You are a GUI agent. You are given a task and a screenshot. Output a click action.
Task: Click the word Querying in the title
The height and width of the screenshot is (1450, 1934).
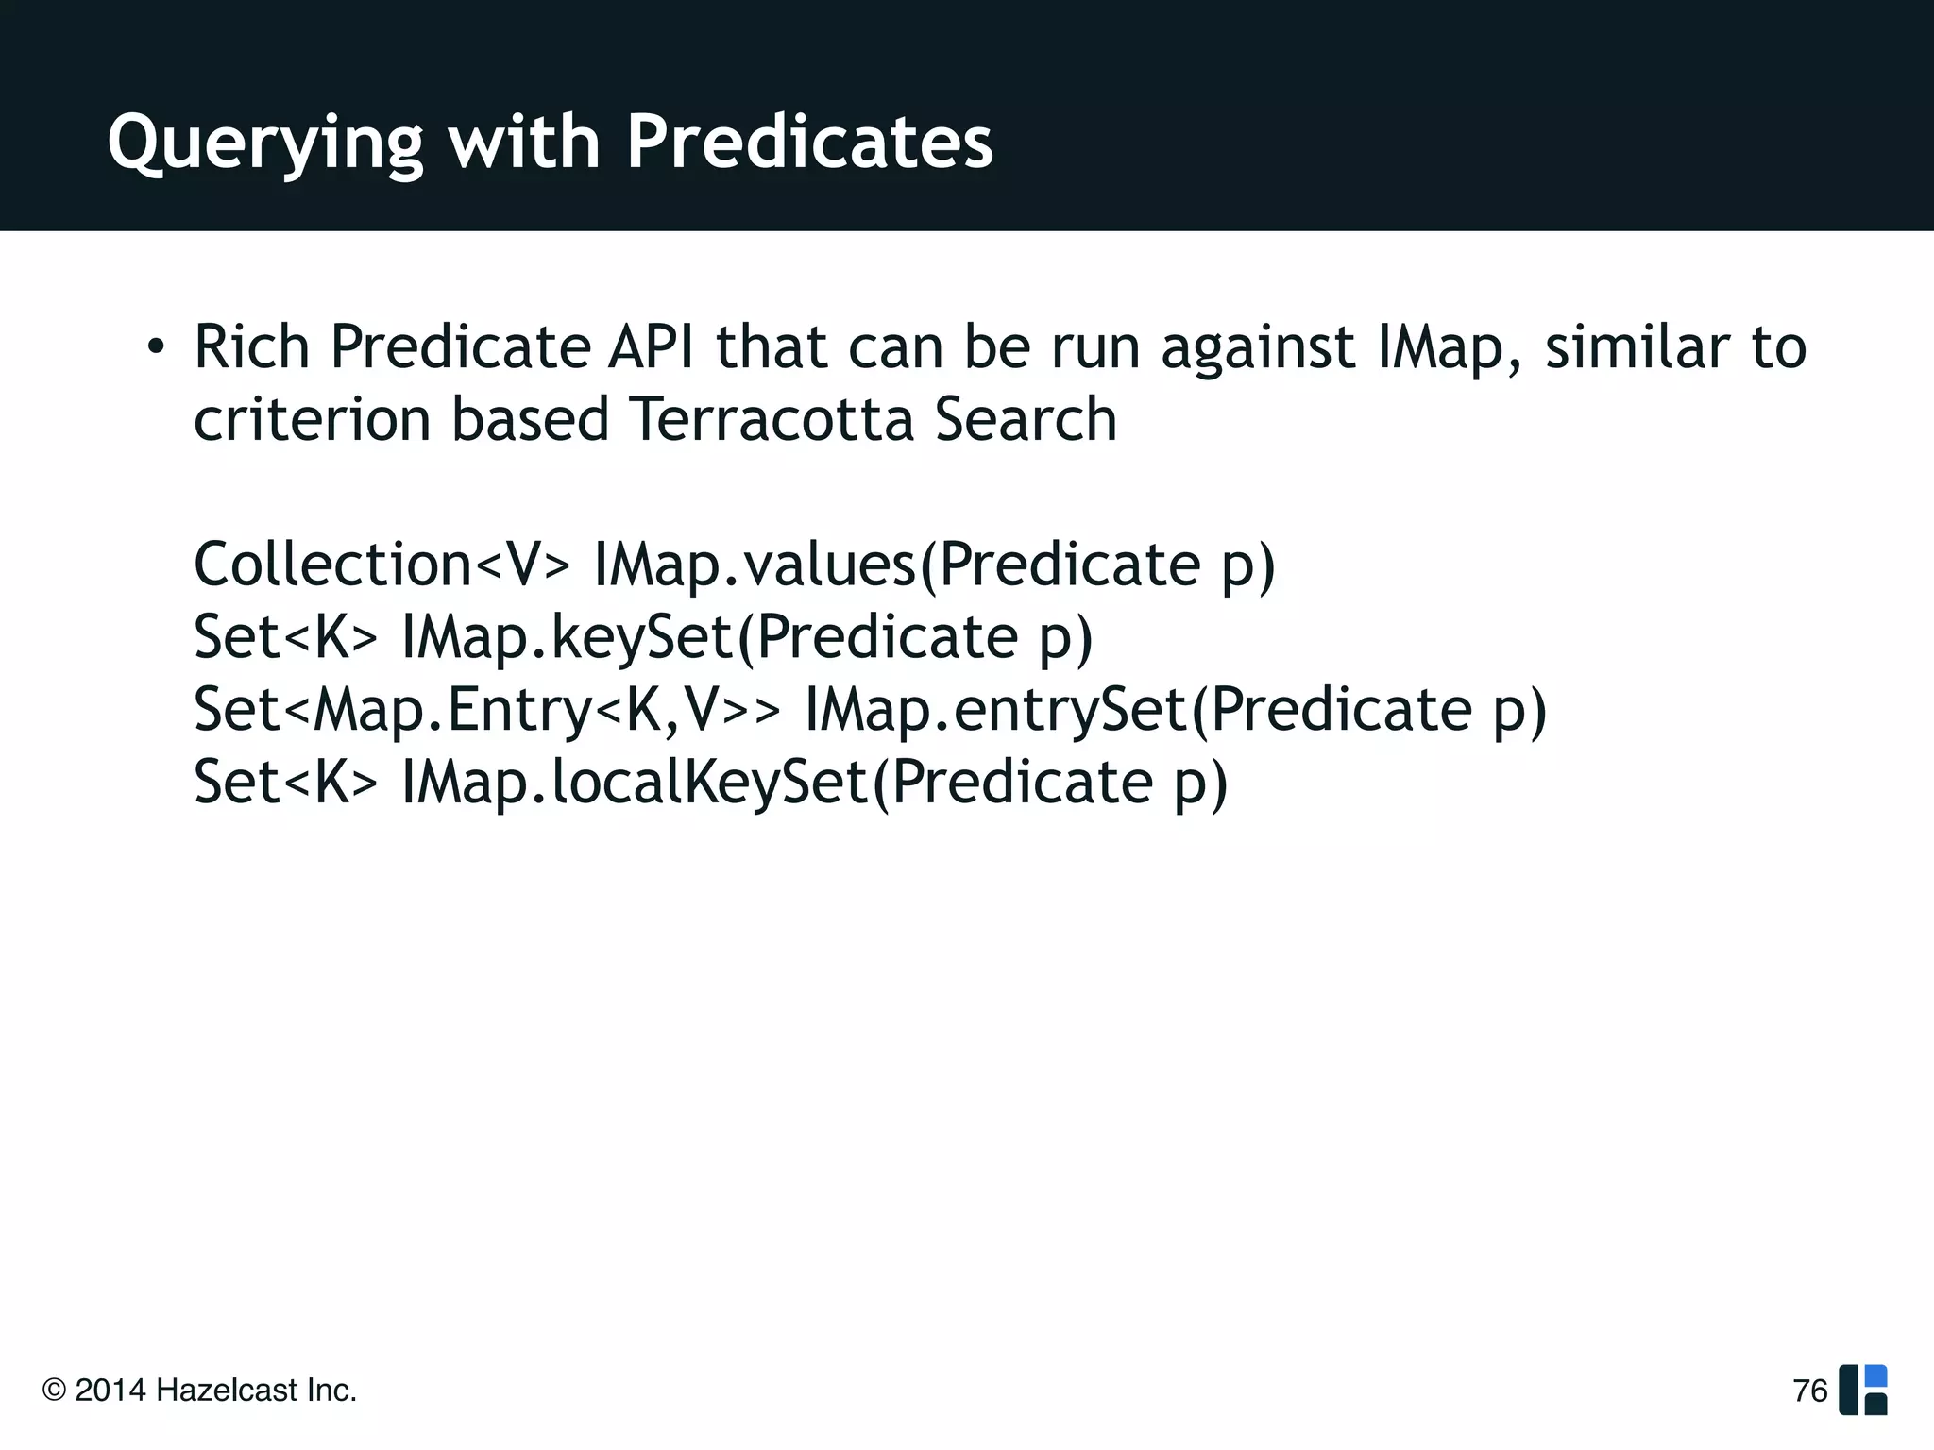pos(265,143)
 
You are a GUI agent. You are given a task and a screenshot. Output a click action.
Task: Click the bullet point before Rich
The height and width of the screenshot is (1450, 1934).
pos(157,347)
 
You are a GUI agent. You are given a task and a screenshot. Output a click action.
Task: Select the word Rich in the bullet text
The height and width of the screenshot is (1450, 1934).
pos(251,346)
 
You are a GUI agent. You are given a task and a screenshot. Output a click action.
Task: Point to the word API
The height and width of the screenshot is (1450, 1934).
pos(651,346)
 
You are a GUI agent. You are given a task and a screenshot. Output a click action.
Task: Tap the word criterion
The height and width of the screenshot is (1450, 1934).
pos(312,419)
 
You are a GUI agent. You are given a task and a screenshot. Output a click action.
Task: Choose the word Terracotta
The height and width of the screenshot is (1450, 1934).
pos(772,419)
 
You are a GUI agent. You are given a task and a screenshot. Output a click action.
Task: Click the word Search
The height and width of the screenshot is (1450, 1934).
pos(1026,419)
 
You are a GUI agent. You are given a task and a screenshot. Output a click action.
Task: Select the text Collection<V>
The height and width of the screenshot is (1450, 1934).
pos(382,565)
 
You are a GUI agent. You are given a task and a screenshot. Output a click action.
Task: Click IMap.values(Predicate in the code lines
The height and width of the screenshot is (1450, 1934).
pos(895,565)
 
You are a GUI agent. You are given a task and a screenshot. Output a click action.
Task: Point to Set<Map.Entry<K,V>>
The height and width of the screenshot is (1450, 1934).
pos(487,710)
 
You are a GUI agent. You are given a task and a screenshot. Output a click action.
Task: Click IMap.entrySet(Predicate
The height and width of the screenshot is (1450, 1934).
pos(1137,710)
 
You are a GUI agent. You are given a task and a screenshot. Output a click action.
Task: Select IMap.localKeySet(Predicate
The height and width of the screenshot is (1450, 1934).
pos(776,783)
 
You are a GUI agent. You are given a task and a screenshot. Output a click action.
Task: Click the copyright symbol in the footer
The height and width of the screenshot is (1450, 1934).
pos(55,1391)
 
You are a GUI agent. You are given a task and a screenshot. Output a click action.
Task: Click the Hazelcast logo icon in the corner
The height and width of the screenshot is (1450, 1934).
pos(1863,1390)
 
